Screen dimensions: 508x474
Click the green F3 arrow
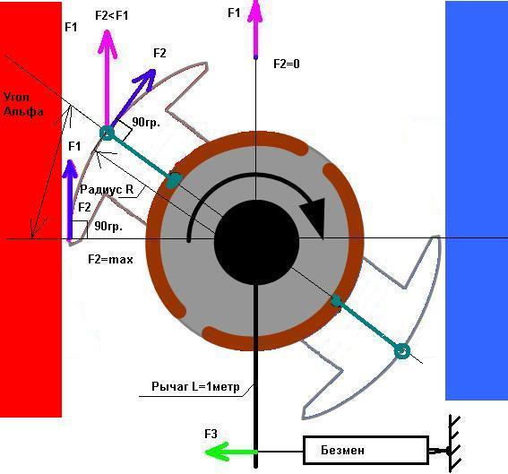click(231, 452)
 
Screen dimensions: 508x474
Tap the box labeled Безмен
click(366, 451)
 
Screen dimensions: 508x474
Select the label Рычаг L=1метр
click(195, 386)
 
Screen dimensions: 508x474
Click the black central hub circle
click(256, 242)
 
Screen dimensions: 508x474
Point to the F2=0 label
click(287, 64)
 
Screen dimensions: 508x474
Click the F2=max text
click(110, 260)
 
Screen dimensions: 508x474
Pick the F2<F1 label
click(112, 15)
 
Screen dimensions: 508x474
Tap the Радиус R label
click(107, 189)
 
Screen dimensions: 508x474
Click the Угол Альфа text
click(23, 104)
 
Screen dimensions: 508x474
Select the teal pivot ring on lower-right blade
click(401, 351)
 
